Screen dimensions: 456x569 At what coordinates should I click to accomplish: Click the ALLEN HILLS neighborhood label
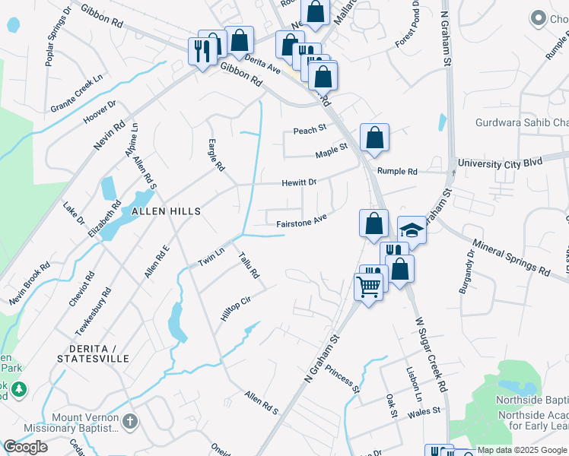[x=167, y=211]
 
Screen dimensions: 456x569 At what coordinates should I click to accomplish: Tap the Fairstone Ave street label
[x=301, y=221]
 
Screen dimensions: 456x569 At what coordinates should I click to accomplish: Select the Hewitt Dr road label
[x=298, y=182]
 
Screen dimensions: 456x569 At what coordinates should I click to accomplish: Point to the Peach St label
[x=310, y=130]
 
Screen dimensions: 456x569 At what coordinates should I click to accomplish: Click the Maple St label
[x=331, y=150]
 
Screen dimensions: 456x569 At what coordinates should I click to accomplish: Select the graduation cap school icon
[x=412, y=229]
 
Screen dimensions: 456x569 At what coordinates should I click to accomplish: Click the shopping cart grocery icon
[x=368, y=287]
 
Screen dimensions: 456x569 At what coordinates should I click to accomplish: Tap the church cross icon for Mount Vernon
[x=130, y=420]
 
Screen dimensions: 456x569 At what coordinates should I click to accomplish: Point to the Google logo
[x=25, y=447]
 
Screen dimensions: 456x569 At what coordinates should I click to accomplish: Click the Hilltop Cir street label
[x=235, y=307]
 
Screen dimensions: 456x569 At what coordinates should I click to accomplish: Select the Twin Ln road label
[x=211, y=256]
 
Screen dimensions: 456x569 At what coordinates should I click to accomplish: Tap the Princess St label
[x=342, y=378]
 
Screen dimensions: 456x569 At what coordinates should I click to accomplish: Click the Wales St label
[x=424, y=411]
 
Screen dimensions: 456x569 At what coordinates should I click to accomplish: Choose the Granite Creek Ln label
[x=76, y=94]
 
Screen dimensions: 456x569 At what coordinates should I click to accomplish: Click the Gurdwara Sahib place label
[x=522, y=123]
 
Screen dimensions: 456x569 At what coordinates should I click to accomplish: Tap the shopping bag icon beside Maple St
[x=374, y=138]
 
